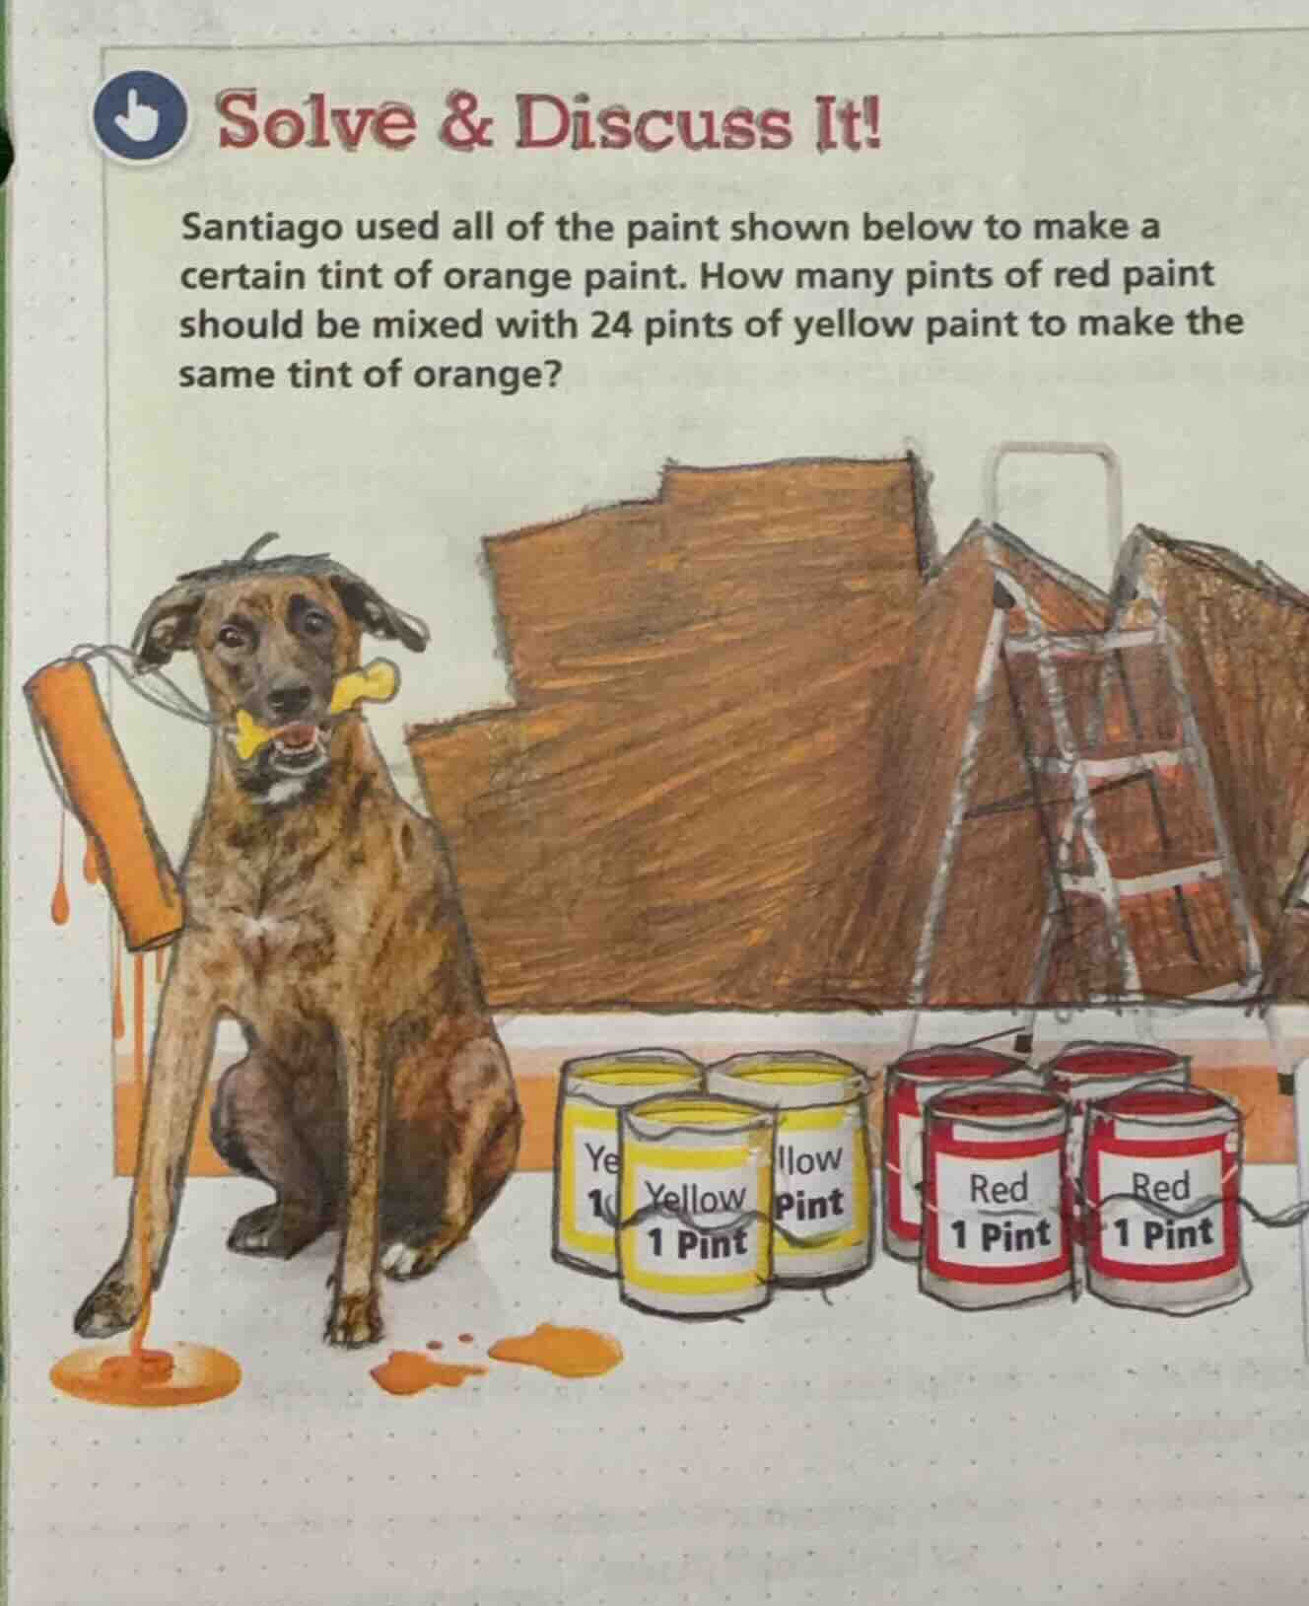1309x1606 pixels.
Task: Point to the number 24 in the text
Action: [x=610, y=323]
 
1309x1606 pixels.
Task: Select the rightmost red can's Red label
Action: [x=1164, y=1186]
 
